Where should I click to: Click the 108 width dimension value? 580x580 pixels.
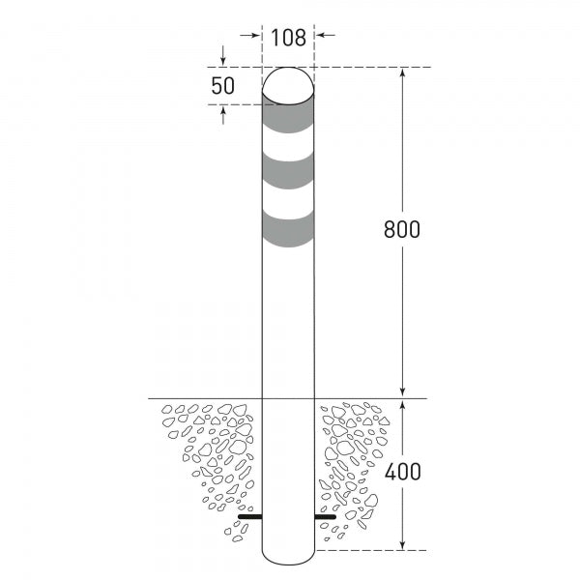coord(288,38)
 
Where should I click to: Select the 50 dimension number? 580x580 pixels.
coord(223,85)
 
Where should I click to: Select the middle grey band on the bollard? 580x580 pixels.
coord(288,172)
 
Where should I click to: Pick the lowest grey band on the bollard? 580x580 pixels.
coord(288,229)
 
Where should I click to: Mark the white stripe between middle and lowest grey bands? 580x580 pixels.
coord(288,201)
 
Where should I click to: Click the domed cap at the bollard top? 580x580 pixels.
coord(288,84)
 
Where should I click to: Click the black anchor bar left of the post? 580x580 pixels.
coord(249,518)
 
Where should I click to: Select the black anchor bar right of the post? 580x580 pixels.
coord(326,518)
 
